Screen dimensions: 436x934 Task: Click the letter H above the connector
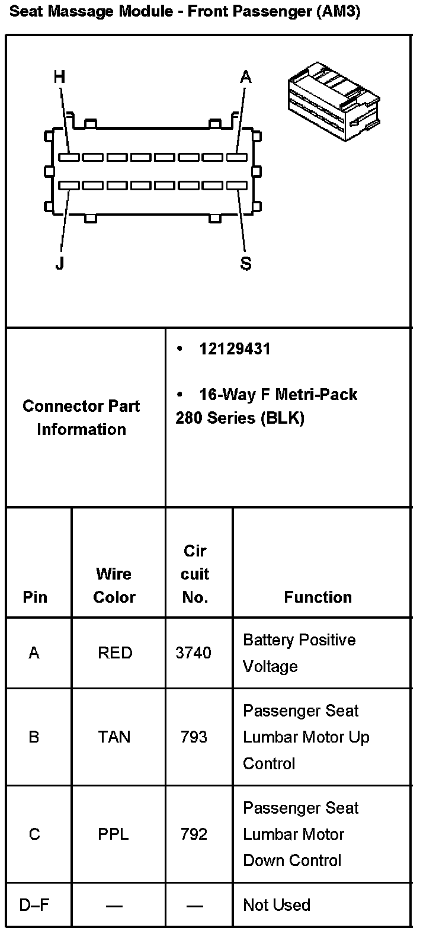[x=59, y=77]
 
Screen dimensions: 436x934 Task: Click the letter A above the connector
[x=245, y=77]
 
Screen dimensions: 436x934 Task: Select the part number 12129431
[x=235, y=349]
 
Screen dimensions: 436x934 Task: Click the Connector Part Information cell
[x=81, y=418]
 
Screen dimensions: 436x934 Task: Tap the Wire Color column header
[x=114, y=585]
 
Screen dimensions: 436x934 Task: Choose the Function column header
[x=318, y=597]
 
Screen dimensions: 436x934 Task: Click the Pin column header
[x=35, y=597]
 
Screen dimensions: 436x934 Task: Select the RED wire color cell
[x=115, y=653]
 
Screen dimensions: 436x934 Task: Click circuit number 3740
[x=193, y=653]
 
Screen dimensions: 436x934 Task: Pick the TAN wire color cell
[x=114, y=737]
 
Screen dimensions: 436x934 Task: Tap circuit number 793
[x=194, y=737]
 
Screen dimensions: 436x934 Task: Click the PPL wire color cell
[x=113, y=834]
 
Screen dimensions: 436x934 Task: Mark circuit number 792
[x=194, y=834]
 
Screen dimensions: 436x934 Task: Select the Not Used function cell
[x=277, y=905]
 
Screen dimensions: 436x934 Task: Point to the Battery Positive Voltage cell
[x=299, y=653]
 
